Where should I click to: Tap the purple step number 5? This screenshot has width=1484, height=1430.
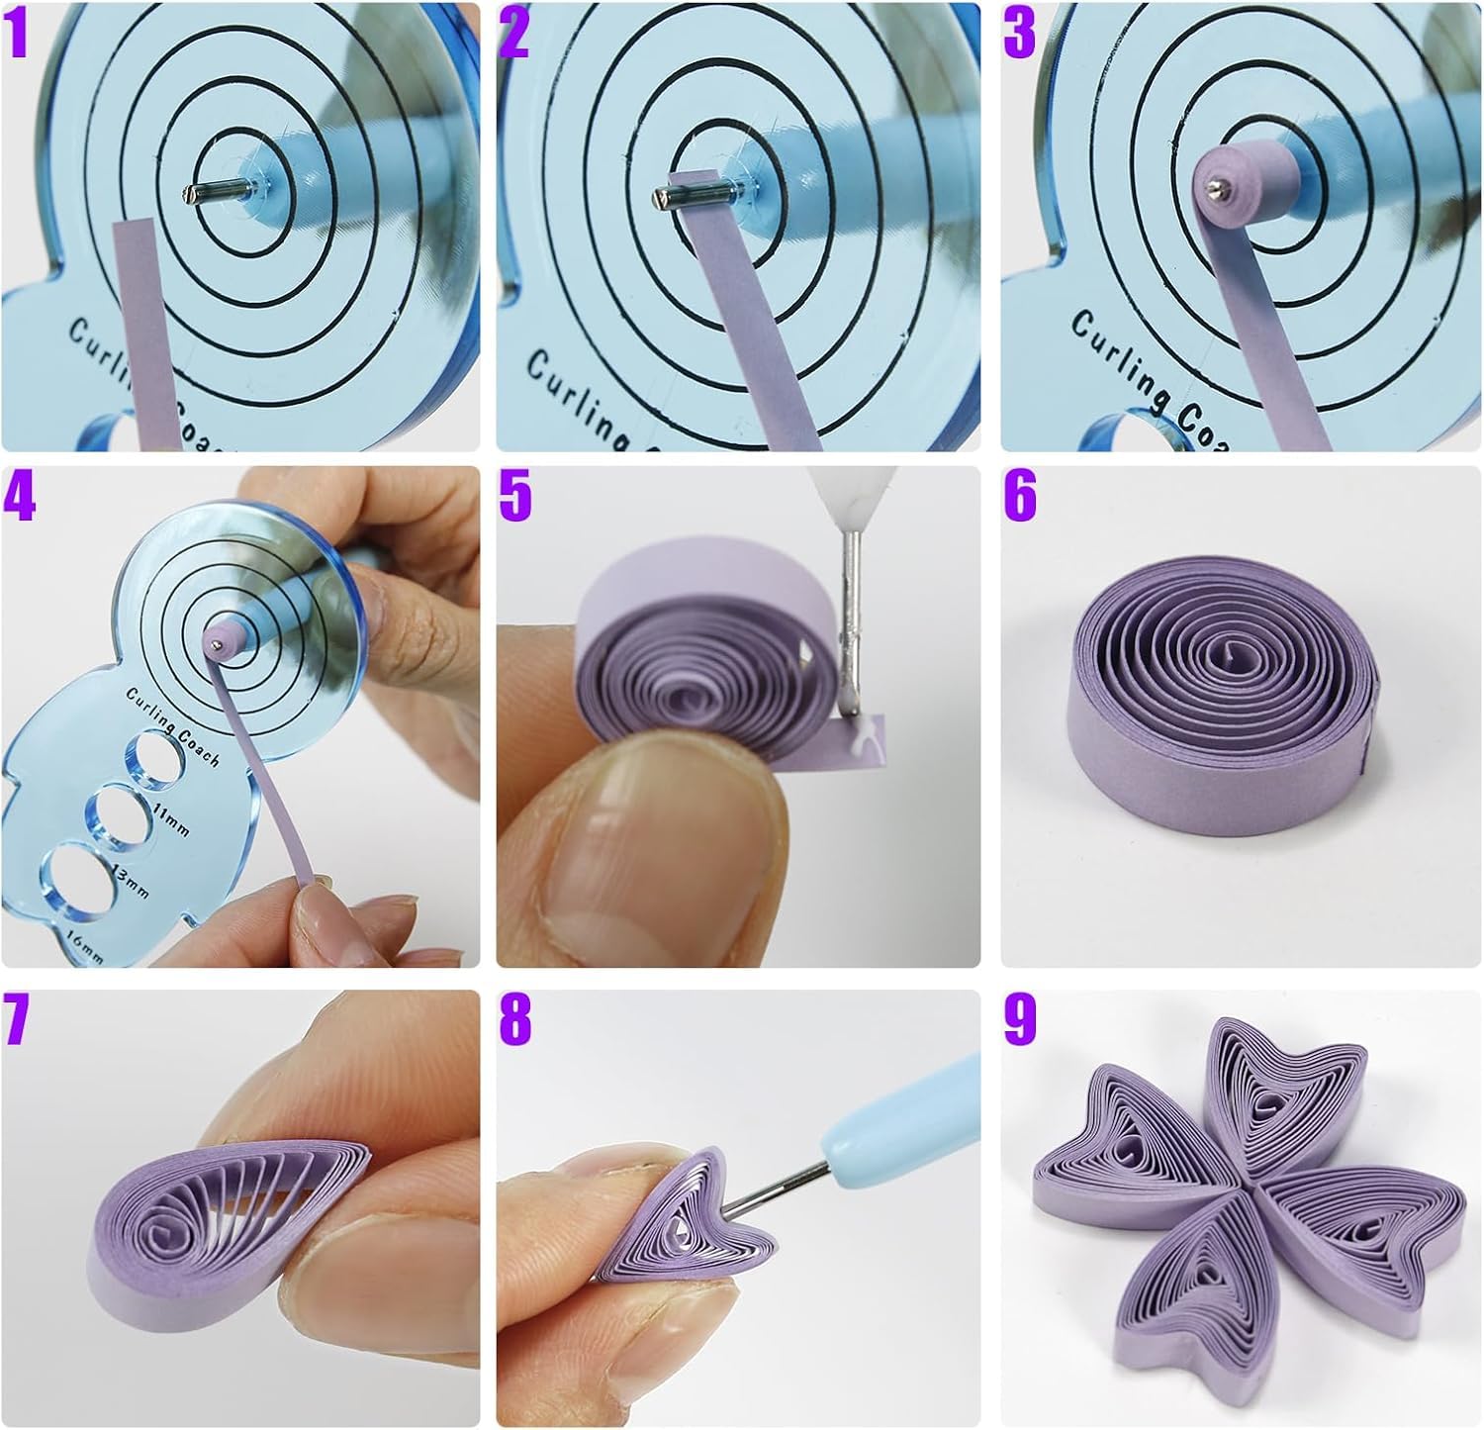(x=515, y=497)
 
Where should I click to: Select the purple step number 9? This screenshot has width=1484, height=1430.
(x=1020, y=1021)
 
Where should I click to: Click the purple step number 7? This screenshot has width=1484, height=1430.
(x=18, y=1021)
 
